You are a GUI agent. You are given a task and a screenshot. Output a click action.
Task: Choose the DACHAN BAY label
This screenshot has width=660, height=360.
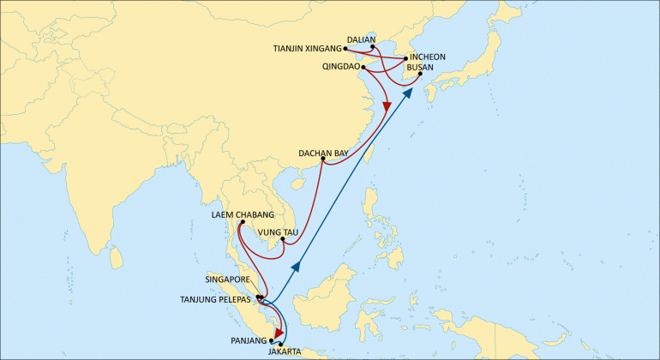click(323, 153)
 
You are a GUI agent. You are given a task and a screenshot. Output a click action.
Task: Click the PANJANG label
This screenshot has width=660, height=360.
click(249, 340)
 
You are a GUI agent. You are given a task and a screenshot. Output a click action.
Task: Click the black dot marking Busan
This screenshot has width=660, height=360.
click(420, 75)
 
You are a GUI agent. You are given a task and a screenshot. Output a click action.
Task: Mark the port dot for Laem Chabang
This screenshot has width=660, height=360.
click(243, 223)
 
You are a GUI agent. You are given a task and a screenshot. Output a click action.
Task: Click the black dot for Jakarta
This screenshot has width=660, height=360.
click(281, 344)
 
